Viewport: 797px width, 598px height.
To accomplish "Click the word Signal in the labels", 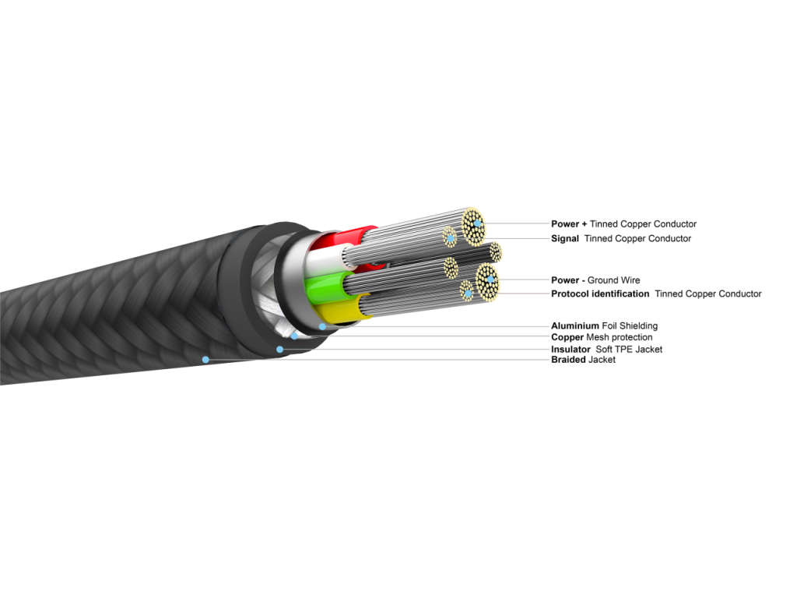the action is coord(564,238).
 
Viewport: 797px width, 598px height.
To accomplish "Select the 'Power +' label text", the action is coord(569,224).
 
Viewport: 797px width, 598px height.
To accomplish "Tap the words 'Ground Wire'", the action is coord(613,280).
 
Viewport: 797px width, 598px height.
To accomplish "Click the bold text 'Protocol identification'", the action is coord(600,294).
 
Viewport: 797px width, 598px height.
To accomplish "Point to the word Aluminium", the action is coord(574,325).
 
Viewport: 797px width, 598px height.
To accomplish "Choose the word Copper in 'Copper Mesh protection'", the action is coord(567,337).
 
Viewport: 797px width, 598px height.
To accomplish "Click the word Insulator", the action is coord(571,350).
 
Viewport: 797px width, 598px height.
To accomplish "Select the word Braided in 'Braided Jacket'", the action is coord(568,360).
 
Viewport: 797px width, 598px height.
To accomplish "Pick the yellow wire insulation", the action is coord(352,308).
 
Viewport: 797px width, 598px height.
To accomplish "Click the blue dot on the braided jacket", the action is coord(205,359).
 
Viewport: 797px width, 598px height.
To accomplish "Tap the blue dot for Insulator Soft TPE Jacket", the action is coord(279,349).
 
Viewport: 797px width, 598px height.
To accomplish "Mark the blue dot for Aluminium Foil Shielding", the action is coord(321,325).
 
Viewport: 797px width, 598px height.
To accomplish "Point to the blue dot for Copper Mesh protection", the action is coord(294,336).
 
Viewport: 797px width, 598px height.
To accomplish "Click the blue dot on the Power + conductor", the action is coord(474,224).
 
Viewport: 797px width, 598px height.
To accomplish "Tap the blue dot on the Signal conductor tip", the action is coord(450,237).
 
